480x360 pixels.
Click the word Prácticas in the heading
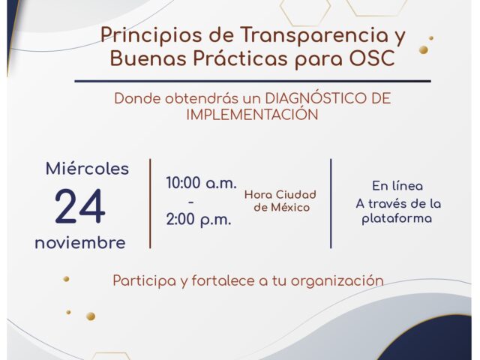tap(241, 58)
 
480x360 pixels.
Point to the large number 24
tap(80, 206)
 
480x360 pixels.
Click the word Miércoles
tap(87, 168)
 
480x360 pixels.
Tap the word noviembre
tap(80, 243)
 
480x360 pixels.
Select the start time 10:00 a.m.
tap(202, 183)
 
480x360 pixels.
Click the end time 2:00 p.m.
tap(198, 220)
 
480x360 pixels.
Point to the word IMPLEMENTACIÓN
tap(252, 114)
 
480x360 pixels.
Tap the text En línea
tap(397, 186)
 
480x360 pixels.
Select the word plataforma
tap(397, 219)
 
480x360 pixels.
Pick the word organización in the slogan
tap(337, 281)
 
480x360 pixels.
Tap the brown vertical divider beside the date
tap(150, 203)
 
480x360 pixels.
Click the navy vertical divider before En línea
tap(331, 203)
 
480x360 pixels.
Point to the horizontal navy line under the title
tap(253, 81)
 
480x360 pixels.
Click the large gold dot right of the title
tap(424, 50)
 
